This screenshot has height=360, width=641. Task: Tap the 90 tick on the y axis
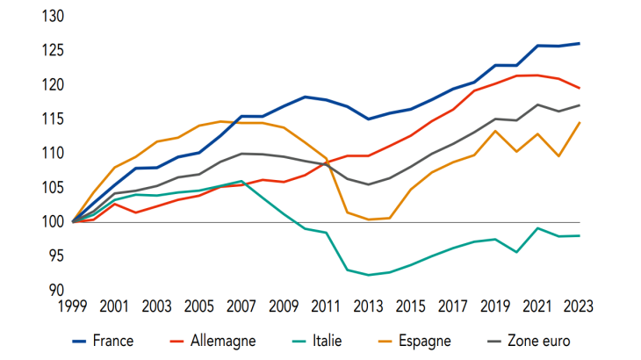(x=56, y=291)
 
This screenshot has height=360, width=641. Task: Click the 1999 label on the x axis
(x=74, y=307)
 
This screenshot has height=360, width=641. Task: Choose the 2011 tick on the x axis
(x=326, y=307)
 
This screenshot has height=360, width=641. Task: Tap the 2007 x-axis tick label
(x=241, y=307)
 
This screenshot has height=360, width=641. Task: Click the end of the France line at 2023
(x=579, y=43)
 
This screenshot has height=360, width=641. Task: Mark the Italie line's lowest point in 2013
(x=368, y=275)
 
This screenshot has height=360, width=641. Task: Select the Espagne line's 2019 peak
(x=494, y=131)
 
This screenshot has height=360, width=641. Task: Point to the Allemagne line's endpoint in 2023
(x=579, y=88)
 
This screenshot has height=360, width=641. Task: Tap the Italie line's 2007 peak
(x=241, y=181)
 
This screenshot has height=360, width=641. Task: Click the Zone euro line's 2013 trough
(x=368, y=184)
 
